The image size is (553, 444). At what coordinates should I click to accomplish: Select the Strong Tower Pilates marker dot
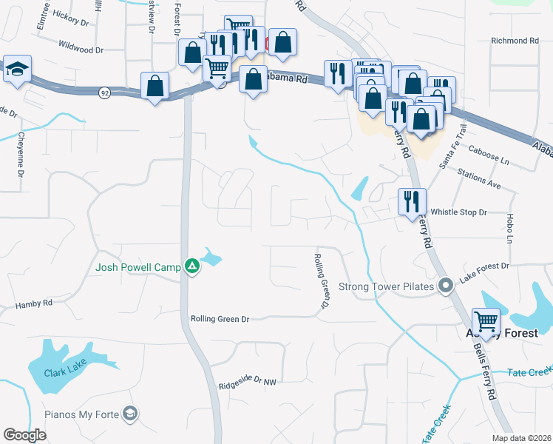pos(445,286)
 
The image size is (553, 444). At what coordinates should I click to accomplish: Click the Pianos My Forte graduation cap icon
pos(131,413)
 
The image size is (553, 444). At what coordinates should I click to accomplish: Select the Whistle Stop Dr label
pos(459,212)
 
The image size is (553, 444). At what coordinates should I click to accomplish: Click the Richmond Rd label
pos(515,41)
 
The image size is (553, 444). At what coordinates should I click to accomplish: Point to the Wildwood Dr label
pos(80,50)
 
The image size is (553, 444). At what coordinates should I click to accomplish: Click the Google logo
pos(25,435)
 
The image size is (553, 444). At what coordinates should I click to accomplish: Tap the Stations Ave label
pos(480,180)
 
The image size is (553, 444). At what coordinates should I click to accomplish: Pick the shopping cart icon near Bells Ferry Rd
pos(486,321)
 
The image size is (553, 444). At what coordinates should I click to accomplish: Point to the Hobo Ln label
pos(510,229)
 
